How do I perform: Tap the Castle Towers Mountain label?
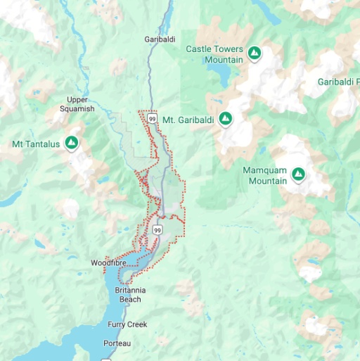[214, 54]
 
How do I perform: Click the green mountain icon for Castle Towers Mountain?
[255, 53]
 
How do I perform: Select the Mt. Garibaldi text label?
[188, 120]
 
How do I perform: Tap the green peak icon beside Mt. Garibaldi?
[225, 119]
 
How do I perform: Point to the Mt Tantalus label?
[36, 144]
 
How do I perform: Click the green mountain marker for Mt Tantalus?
[71, 143]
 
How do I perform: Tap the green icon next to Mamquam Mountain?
[298, 173]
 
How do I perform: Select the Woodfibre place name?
[108, 263]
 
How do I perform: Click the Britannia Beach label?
[129, 294]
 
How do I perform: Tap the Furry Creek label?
[127, 324]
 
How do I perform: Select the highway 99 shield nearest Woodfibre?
[155, 230]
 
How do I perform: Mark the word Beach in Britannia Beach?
[129, 299]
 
